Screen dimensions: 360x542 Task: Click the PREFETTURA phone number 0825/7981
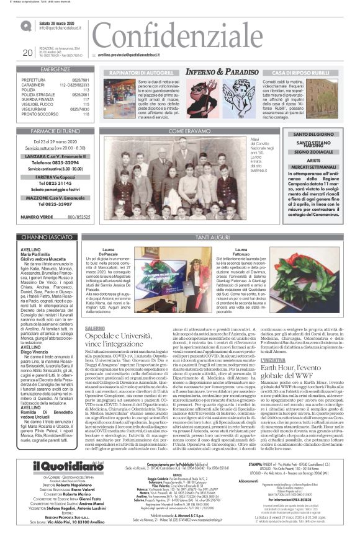[x=80, y=80]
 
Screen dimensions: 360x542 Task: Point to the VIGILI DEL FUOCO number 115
[x=86, y=104]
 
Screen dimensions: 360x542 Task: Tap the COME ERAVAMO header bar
[x=185, y=131]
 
